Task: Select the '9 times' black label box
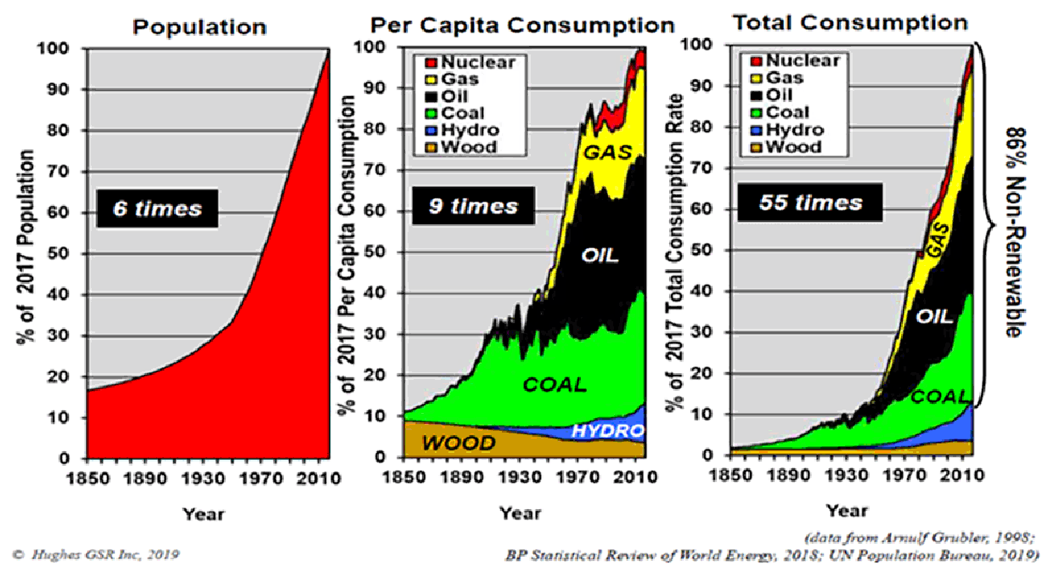click(x=472, y=206)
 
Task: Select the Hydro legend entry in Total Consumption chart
click(x=791, y=130)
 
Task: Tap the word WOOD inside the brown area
click(x=459, y=443)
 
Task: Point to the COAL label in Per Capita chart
click(x=554, y=384)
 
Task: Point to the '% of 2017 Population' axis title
click(x=25, y=247)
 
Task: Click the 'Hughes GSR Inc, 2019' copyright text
click(x=98, y=555)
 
